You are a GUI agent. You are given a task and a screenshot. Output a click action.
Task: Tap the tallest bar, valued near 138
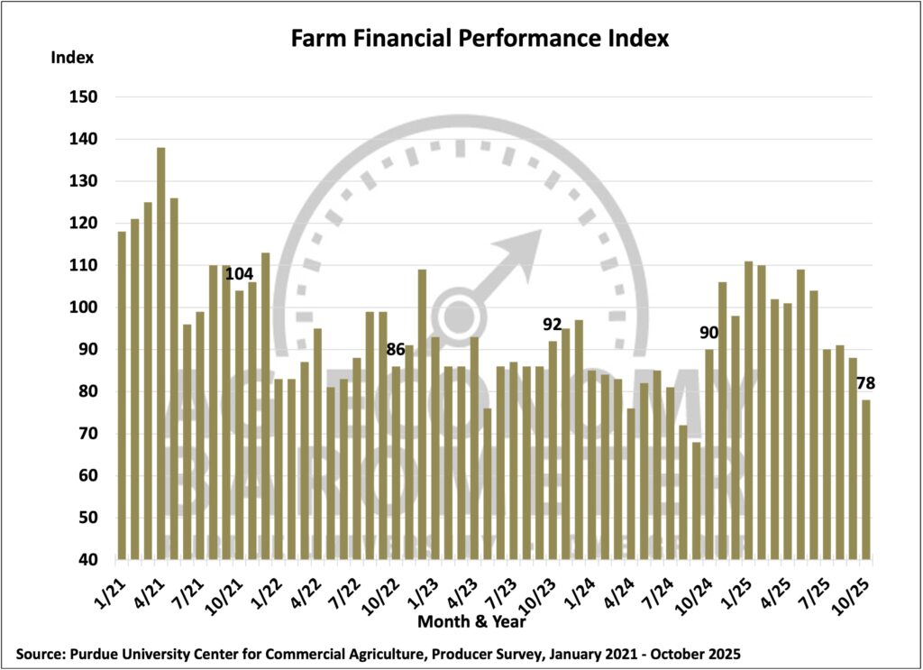coord(161,353)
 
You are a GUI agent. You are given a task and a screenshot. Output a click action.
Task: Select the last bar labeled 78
coord(866,479)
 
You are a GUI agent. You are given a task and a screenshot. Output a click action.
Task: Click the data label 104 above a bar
coord(240,273)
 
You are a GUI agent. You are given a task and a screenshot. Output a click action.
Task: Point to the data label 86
coord(396,349)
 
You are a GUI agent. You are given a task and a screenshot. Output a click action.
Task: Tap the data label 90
coord(708,332)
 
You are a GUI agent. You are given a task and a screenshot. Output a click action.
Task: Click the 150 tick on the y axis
coord(84,97)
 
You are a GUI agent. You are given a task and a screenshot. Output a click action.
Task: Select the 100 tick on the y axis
coord(84,307)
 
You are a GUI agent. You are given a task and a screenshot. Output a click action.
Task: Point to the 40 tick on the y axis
coord(87,560)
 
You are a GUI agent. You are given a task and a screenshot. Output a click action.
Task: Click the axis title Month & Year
coord(471,621)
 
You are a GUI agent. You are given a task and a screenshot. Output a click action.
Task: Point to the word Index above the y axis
coord(72,58)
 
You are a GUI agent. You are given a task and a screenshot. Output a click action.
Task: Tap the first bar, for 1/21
coord(122,396)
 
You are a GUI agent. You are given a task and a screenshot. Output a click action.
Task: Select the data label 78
coord(866,383)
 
